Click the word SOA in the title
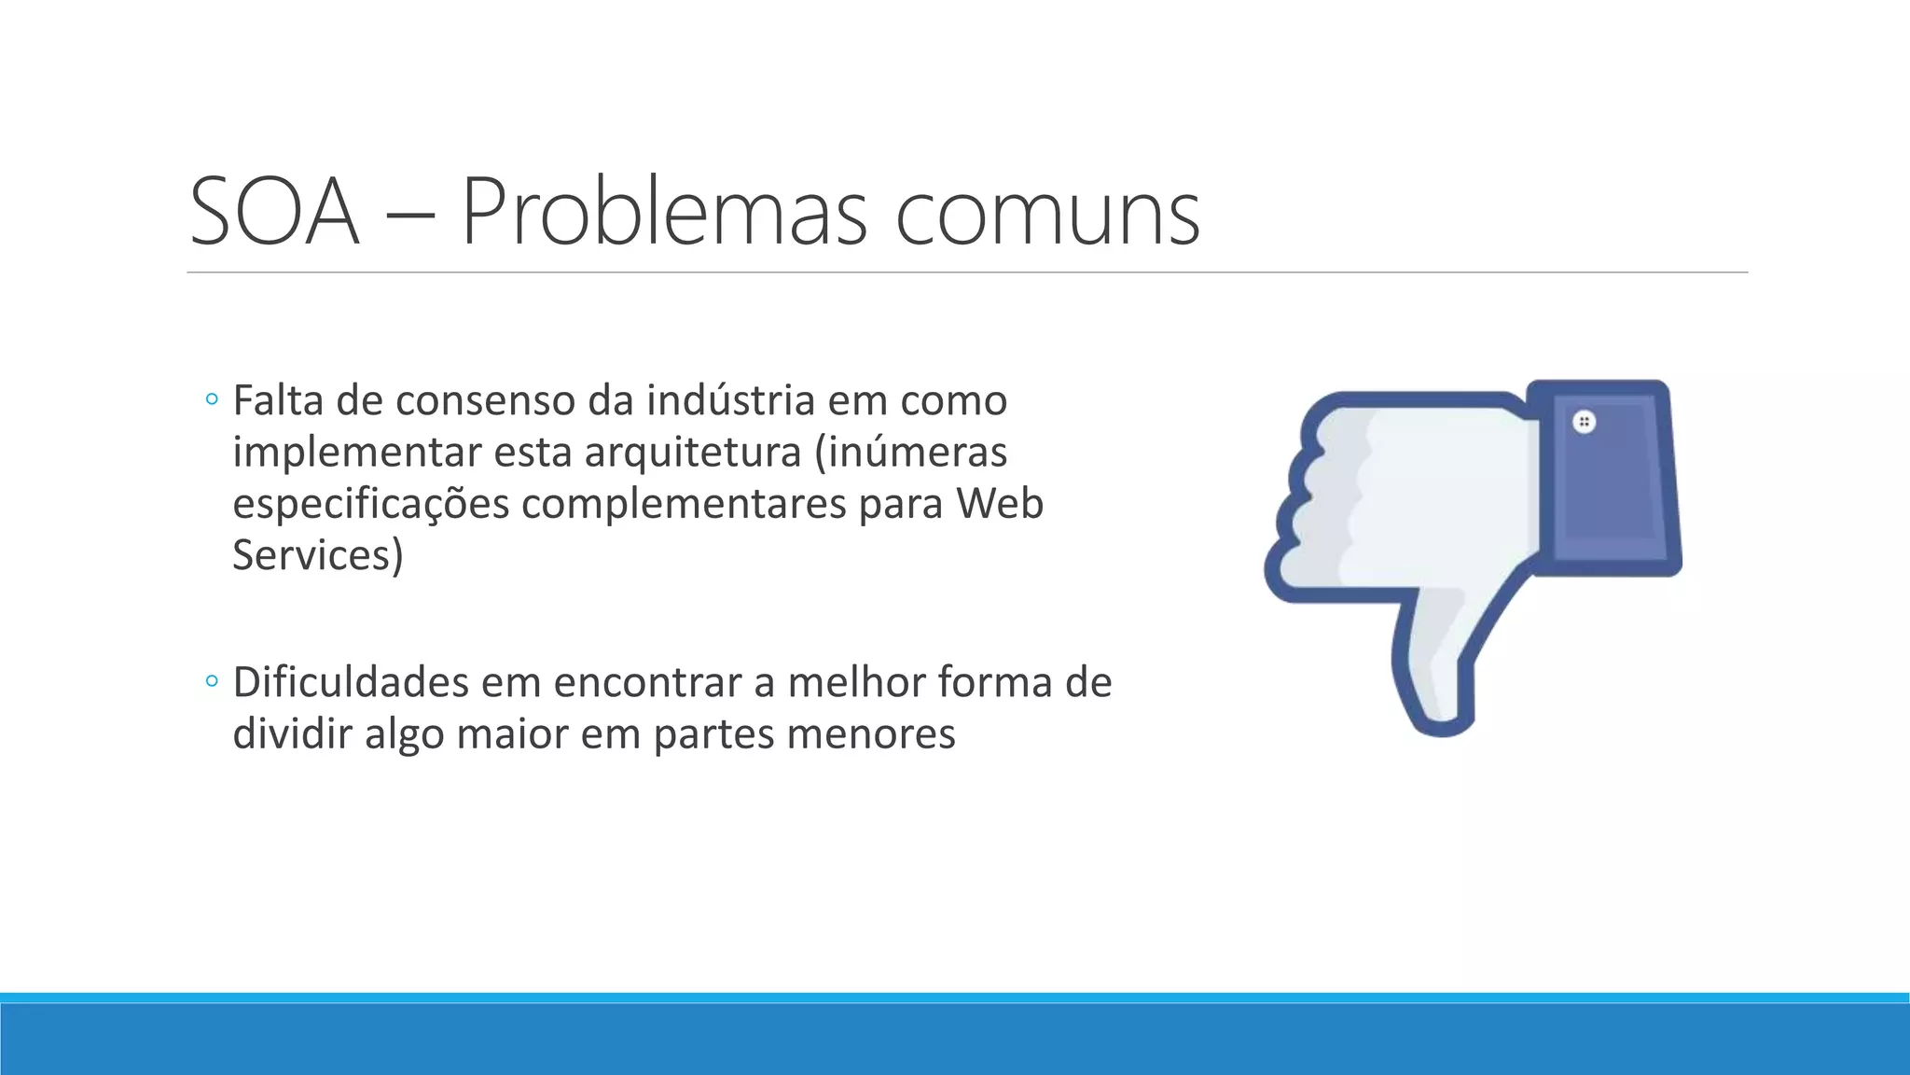click(x=274, y=213)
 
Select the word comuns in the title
click(x=1047, y=215)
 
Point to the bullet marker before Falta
click(x=212, y=400)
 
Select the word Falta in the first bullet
click(x=278, y=400)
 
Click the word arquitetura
click(x=693, y=453)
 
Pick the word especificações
click(x=370, y=505)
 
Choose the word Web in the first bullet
click(x=999, y=503)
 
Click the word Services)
click(x=317, y=555)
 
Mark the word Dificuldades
click(x=352, y=682)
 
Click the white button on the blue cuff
click(x=1584, y=422)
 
